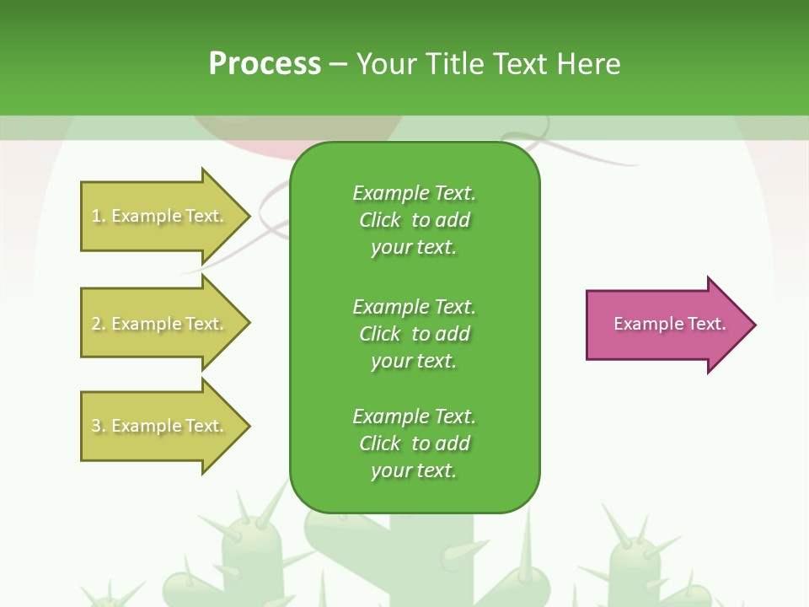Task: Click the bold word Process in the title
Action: pyautogui.click(x=265, y=64)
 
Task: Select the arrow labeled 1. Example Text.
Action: pyautogui.click(x=160, y=216)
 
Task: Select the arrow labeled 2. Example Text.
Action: pyautogui.click(x=160, y=324)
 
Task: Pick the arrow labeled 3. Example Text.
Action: pyautogui.click(x=160, y=426)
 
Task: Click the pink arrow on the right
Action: pyautogui.click(x=666, y=325)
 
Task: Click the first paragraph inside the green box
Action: pyautogui.click(x=414, y=220)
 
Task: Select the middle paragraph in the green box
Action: pyautogui.click(x=414, y=334)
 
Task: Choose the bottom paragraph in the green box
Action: pyautogui.click(x=414, y=443)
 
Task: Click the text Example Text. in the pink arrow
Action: pyautogui.click(x=670, y=324)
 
